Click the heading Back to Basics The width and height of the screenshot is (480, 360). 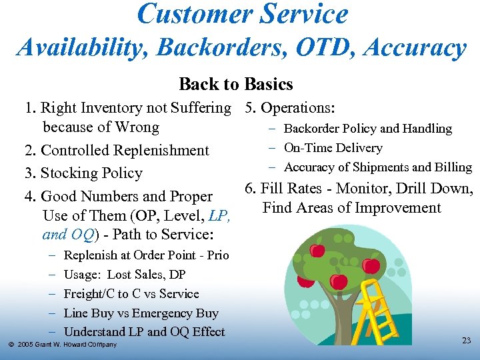(236, 85)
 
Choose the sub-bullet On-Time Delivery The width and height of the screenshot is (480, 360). (333, 148)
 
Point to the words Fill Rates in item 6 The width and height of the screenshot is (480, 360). (293, 189)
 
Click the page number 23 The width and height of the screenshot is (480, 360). (466, 341)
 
